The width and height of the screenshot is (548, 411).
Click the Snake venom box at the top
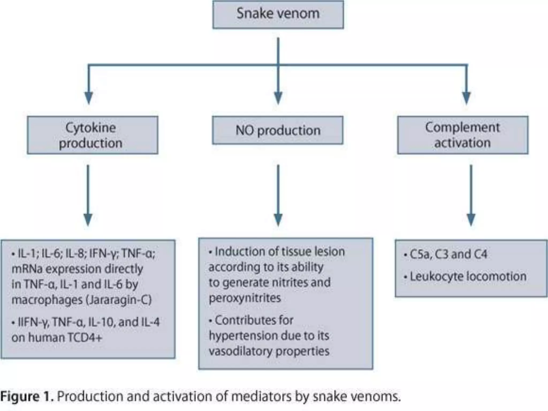(278, 14)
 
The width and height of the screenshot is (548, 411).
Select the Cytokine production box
(93, 135)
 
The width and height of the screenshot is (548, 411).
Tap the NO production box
(278, 130)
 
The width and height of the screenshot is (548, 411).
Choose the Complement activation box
(463, 135)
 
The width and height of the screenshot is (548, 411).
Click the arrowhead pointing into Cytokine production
(89, 98)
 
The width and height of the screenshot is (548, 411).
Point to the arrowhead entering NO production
(278, 98)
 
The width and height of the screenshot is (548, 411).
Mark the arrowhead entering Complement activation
(467, 98)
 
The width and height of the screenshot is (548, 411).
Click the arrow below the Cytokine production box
(88, 195)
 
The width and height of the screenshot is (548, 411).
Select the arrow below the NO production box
(278, 195)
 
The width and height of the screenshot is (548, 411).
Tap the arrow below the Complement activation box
(471, 195)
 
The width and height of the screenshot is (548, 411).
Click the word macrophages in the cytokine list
(46, 300)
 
